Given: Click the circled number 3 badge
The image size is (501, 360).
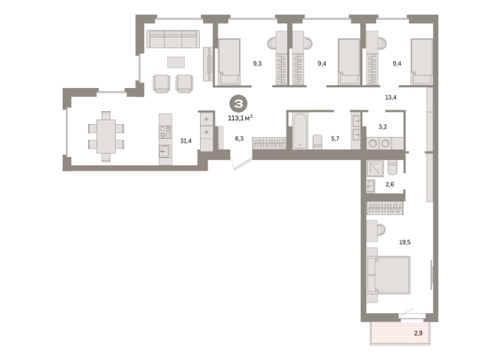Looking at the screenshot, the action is click(x=238, y=104).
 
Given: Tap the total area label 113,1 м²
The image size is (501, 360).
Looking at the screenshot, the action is click(x=241, y=118).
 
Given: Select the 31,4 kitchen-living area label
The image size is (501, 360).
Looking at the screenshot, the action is click(x=186, y=141).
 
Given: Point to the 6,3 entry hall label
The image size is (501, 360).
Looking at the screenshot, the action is click(x=239, y=139).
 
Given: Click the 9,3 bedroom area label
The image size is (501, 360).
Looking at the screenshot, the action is click(x=257, y=64).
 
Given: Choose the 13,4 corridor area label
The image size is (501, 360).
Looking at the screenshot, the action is click(x=391, y=97).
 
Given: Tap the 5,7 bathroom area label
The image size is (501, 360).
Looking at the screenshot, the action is click(x=336, y=139).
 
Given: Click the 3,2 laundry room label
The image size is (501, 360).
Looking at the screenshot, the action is click(x=383, y=127).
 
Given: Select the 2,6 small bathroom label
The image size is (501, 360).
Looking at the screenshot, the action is click(x=390, y=185).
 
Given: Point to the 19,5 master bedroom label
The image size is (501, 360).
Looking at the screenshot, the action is click(x=404, y=242).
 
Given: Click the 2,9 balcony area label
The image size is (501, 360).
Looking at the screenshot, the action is click(x=418, y=333).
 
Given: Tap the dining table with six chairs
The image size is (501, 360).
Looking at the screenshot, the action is click(x=106, y=136).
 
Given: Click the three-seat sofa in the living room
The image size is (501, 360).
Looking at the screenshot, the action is click(x=173, y=39).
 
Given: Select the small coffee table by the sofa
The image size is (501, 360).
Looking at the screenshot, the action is click(x=175, y=62).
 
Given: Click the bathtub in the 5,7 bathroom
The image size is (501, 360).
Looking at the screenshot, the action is click(x=300, y=131).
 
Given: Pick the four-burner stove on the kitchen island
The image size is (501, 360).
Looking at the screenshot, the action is click(x=165, y=132).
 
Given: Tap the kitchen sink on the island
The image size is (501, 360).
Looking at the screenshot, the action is click(x=165, y=151).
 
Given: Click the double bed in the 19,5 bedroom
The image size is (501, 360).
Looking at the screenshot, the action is click(x=388, y=275).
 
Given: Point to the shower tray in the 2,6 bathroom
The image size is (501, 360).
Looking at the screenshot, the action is click(x=375, y=169).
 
